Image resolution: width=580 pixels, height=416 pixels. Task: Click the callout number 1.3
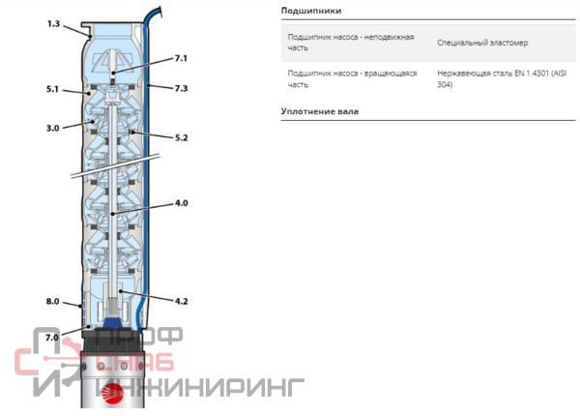pyautogui.click(x=53, y=23)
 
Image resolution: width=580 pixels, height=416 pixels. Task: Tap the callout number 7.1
pyautogui.click(x=181, y=58)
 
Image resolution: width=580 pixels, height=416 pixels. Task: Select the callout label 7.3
pyautogui.click(x=181, y=88)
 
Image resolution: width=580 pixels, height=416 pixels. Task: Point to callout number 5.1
pyautogui.click(x=52, y=89)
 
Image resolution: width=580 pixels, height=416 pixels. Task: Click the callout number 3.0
pyautogui.click(x=52, y=128)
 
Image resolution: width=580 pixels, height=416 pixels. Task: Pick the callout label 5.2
pyautogui.click(x=181, y=137)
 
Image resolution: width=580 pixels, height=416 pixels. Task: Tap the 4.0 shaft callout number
pyautogui.click(x=182, y=203)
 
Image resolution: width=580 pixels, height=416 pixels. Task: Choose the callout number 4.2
pyautogui.click(x=182, y=301)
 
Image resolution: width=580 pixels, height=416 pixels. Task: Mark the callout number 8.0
pyautogui.click(x=52, y=301)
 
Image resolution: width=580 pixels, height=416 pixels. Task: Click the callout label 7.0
pyautogui.click(x=52, y=338)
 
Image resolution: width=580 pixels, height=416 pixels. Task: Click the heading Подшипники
pyautogui.click(x=311, y=11)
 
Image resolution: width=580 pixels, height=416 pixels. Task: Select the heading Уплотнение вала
pyautogui.click(x=320, y=111)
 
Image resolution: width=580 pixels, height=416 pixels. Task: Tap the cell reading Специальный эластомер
pyautogui.click(x=482, y=43)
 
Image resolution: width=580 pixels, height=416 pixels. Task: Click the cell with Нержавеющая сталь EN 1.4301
pyautogui.click(x=502, y=78)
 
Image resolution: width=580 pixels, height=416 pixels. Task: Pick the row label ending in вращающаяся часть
pyautogui.click(x=352, y=78)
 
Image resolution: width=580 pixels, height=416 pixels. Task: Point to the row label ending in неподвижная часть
pyautogui.click(x=351, y=43)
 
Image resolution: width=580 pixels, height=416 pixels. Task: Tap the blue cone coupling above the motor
pyautogui.click(x=112, y=322)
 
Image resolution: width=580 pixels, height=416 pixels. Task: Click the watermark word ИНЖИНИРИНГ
pyautogui.click(x=200, y=388)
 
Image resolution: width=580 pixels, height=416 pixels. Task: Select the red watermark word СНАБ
pyautogui.click(x=134, y=361)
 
